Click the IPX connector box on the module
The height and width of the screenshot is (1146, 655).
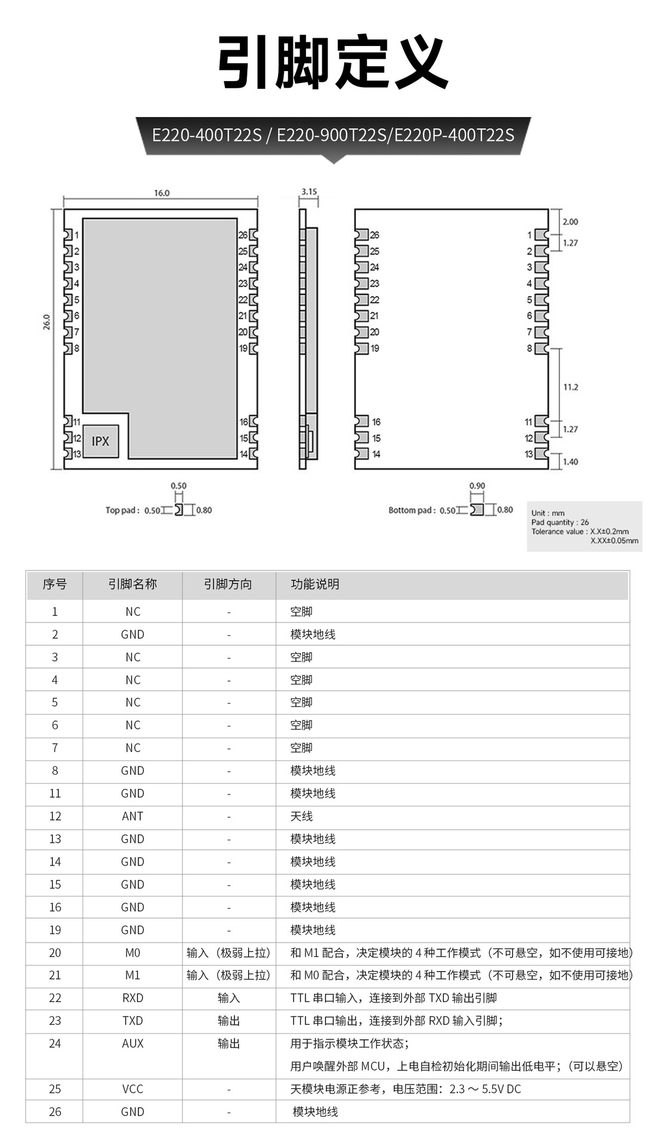100,441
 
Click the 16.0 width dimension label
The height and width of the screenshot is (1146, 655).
162,193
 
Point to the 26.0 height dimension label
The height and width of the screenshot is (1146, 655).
47,322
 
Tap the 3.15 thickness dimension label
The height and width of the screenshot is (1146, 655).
309,192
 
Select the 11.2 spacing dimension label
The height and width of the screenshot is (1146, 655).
570,387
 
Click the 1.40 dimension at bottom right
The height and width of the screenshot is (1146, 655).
570,461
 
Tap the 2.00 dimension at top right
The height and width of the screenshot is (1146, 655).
570,221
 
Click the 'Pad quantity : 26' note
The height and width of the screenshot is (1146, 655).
560,522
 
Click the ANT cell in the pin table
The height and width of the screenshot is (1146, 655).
132,816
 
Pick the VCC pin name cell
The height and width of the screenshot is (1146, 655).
132,1089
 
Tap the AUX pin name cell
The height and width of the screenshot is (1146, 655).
132,1043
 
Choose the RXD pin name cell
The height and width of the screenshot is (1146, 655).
132,998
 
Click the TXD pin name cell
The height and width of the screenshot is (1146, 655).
132,1021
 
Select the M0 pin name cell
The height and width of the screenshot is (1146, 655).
132,953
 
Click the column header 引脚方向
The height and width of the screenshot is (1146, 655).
228,584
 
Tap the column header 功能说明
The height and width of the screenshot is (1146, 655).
315,584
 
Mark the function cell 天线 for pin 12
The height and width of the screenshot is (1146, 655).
301,816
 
